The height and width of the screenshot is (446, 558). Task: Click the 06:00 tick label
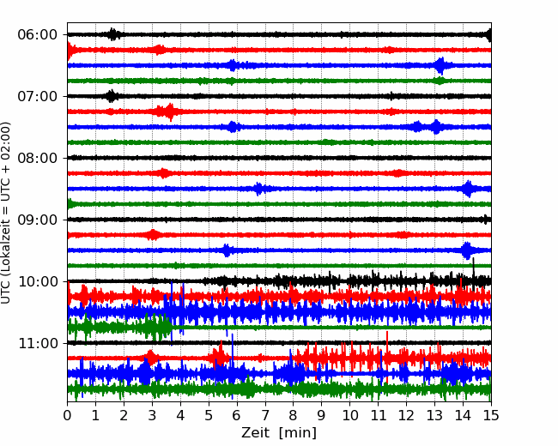coord(38,35)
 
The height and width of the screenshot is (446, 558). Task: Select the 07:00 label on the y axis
coord(38,96)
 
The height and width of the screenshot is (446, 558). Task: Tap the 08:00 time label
coord(38,158)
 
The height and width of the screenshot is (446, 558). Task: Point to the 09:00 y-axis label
coord(38,220)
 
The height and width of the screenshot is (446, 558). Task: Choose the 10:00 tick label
coord(38,281)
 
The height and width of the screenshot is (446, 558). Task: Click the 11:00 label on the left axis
coord(38,344)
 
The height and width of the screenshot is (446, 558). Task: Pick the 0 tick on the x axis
coord(67,415)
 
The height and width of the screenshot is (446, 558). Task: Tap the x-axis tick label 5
coord(209,415)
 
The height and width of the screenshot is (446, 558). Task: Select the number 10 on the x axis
coord(349,415)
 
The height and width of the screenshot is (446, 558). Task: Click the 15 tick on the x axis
coord(491,415)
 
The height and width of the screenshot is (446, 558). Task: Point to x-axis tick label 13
coord(434,415)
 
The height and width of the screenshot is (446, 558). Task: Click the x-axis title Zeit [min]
coord(279,432)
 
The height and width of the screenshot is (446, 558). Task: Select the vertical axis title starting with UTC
coord(6,213)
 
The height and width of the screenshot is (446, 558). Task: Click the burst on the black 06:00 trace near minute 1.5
coord(112,34)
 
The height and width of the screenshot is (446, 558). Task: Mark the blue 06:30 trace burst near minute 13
coord(441,66)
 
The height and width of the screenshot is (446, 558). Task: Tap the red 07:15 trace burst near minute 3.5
coord(168,111)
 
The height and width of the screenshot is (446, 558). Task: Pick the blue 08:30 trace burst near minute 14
coord(469,189)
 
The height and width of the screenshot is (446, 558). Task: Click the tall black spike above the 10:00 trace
coord(474,268)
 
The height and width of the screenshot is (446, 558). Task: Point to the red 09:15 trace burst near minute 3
coord(154,235)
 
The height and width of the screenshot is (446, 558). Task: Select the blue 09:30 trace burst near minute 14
coord(467,250)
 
